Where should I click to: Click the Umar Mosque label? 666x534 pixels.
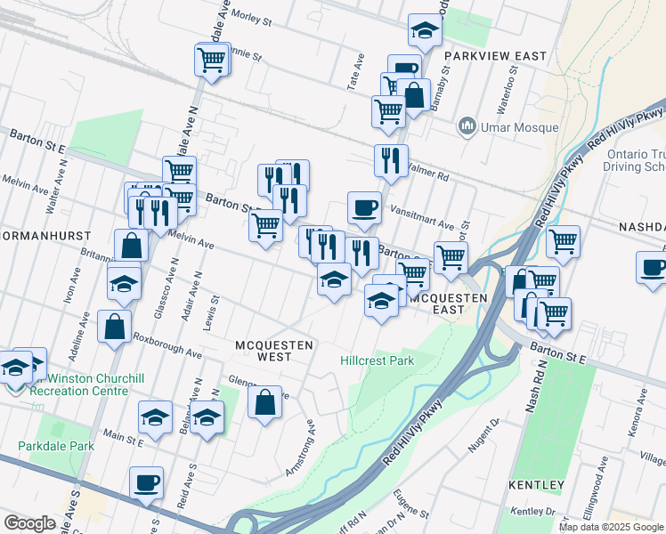point(521,127)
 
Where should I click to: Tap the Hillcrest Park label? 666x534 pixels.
point(378,361)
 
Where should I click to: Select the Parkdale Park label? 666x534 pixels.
point(56,445)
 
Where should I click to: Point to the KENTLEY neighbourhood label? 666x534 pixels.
point(537,485)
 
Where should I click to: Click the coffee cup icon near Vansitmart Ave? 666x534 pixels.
point(364,208)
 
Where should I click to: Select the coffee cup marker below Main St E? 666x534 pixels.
point(146,483)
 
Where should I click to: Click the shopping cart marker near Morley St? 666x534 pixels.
point(212,60)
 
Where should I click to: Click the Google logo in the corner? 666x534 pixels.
point(29,523)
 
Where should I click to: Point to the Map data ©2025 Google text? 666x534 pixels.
point(611,527)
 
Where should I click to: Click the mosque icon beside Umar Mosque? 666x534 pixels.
point(467,127)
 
